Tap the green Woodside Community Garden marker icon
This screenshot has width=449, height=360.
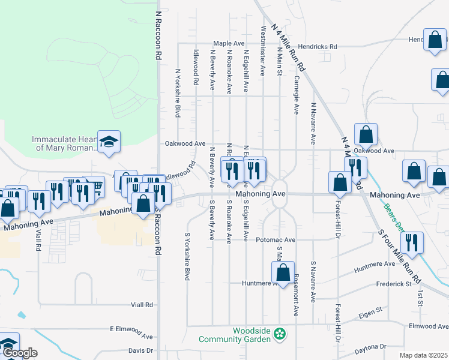coord(279,333)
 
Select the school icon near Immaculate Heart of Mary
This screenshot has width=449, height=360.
coord(108,142)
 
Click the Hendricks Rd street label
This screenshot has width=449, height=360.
coord(318,46)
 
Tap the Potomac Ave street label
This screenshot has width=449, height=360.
coord(276,239)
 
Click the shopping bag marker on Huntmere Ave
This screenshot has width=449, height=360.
coord(282,272)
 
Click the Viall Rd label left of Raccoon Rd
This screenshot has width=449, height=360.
coord(141,305)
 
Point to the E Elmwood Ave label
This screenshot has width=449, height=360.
coord(131,329)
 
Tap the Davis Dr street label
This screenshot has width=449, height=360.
coord(140,350)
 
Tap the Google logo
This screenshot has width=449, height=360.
coord(19,353)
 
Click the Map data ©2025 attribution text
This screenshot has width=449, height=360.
coord(424,356)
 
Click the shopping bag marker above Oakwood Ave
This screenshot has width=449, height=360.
coord(365,135)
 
